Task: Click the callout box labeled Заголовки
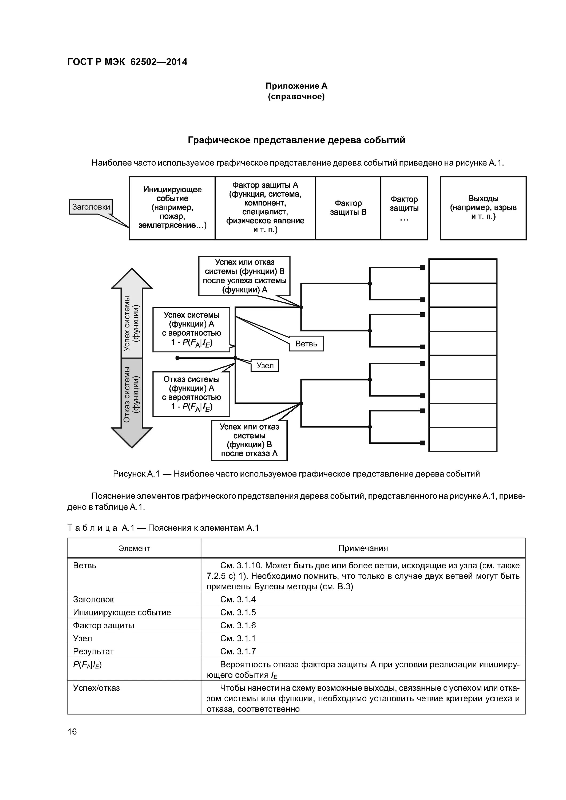(x=91, y=207)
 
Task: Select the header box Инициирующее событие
(x=172, y=208)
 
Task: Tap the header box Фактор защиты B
(x=348, y=208)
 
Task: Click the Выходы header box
(x=483, y=208)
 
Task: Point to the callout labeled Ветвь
(x=306, y=343)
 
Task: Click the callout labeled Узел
(x=265, y=366)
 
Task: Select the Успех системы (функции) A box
(x=191, y=329)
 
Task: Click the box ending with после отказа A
(x=249, y=441)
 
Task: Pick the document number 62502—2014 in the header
(x=159, y=62)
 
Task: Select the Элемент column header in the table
(x=134, y=549)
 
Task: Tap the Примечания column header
(x=363, y=549)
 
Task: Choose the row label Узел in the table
(x=83, y=638)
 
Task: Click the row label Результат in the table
(x=93, y=651)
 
